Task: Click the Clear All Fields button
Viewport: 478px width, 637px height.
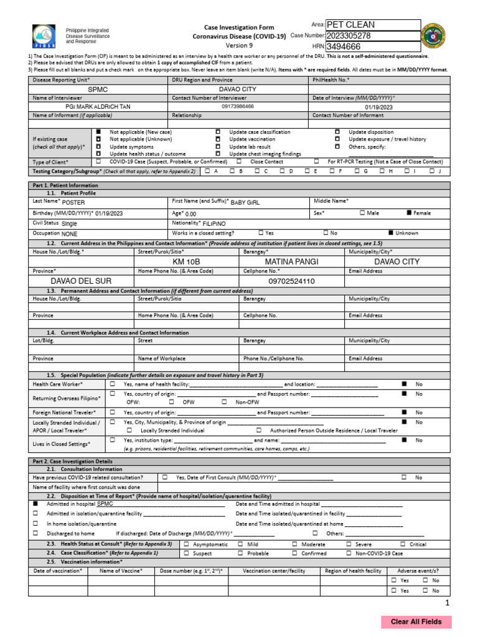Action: tap(416, 621)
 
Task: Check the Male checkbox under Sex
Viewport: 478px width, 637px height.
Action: tap(362, 213)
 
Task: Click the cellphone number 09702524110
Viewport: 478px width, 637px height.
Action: tap(291, 281)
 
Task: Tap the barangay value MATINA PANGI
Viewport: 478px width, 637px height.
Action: tap(291, 262)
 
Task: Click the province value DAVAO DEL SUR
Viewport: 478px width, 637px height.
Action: tap(81, 281)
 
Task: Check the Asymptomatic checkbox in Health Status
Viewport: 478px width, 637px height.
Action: tap(187, 544)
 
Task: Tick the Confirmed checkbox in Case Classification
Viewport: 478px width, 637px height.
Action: tap(296, 552)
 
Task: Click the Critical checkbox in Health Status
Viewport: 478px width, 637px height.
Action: tap(403, 544)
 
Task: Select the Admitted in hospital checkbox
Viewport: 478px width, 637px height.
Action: tap(35, 504)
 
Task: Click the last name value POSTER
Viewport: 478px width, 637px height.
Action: tap(73, 202)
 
